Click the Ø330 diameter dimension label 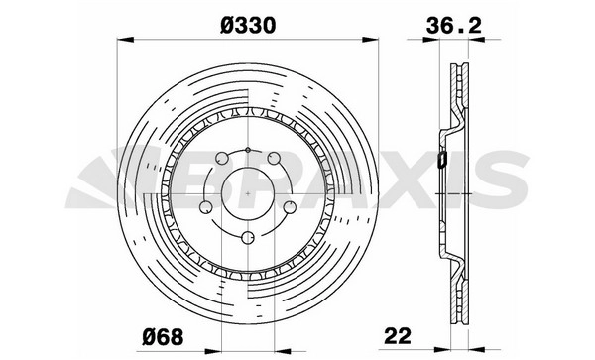(x=248, y=26)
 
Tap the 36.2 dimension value (x=454, y=26)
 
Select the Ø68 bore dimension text (x=163, y=336)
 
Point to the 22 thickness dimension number (x=398, y=336)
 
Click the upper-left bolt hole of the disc (x=222, y=158)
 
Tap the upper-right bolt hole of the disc (x=274, y=158)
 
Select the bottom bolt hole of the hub (x=248, y=237)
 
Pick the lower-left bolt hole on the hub (x=206, y=207)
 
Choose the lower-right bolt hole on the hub (x=290, y=207)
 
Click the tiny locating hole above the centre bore (x=248, y=150)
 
